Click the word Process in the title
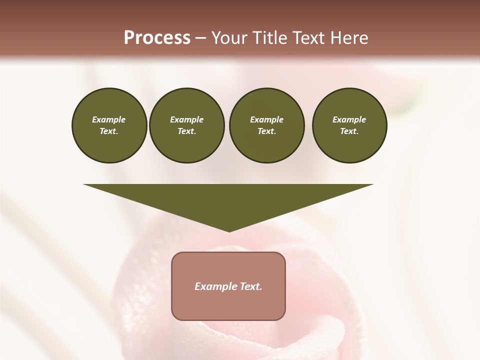click(x=157, y=38)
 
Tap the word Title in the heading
click(x=269, y=38)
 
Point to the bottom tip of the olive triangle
click(x=229, y=231)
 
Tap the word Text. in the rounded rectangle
click(x=251, y=286)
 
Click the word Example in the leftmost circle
click(x=109, y=119)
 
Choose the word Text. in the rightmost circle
click(x=349, y=131)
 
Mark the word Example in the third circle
click(x=266, y=119)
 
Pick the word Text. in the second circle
click(x=186, y=131)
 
